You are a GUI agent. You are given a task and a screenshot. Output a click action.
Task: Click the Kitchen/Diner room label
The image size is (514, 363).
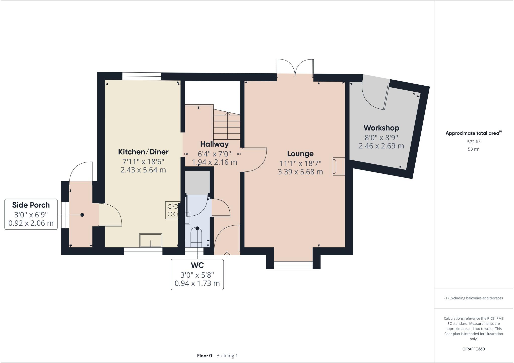[143, 152]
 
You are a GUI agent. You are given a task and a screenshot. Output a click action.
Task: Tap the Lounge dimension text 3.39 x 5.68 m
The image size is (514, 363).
[300, 172]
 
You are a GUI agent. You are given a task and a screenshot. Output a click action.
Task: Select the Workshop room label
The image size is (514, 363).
[381, 128]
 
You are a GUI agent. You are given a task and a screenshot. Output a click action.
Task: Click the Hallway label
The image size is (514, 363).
[214, 144]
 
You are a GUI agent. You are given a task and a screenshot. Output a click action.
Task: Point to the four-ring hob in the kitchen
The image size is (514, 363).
[172, 210]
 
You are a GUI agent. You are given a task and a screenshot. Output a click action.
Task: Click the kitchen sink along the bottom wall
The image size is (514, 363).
[151, 240]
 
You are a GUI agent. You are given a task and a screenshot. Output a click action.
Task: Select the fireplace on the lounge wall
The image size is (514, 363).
[338, 166]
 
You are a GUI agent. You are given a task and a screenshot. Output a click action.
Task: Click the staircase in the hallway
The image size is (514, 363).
[227, 127]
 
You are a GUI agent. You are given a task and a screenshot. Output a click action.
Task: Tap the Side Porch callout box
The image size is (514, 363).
[31, 214]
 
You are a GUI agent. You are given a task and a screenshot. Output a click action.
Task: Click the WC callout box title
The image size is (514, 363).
[197, 265]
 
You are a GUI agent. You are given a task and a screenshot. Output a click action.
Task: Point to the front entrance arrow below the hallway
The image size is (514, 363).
[227, 255]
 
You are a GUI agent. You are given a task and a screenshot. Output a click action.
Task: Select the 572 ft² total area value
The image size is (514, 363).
[473, 142]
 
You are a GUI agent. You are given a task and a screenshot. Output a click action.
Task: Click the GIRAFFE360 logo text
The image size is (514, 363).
[473, 349]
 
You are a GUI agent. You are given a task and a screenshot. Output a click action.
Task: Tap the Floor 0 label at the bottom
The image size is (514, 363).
[204, 355]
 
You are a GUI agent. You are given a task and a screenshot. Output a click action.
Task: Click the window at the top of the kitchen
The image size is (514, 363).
[141, 76]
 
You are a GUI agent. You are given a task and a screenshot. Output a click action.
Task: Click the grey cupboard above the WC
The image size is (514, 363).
[197, 182]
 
